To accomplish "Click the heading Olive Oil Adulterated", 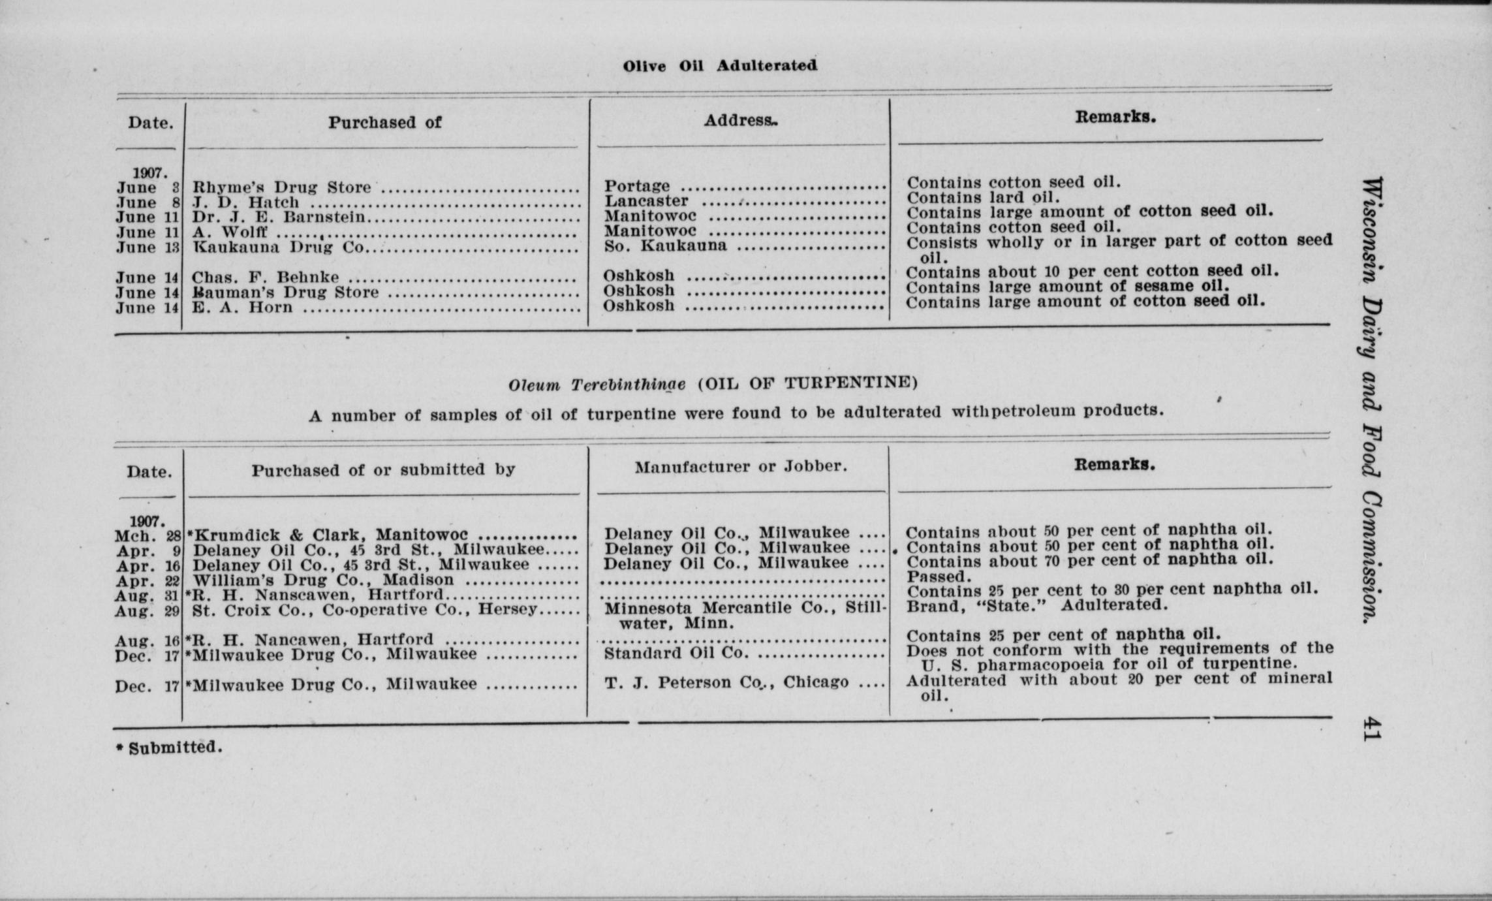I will coord(719,66).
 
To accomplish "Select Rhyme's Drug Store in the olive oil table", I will coord(281,188).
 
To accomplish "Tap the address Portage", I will coord(636,187).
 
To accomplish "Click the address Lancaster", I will coord(646,202).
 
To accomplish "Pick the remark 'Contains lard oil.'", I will coord(983,197).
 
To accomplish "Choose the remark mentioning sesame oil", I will coord(1068,287).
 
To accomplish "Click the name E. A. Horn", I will coord(242,308).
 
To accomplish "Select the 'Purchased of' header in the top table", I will coord(384,123).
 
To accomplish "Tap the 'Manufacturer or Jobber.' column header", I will coord(741,467).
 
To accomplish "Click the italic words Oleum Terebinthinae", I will coord(597,385).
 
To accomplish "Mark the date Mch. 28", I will coord(148,536).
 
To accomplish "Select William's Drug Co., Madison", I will coord(323,580).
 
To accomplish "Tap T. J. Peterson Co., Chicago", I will coord(726,683).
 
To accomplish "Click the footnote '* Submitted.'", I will coord(169,748).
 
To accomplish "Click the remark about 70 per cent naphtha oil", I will coord(1089,561).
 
